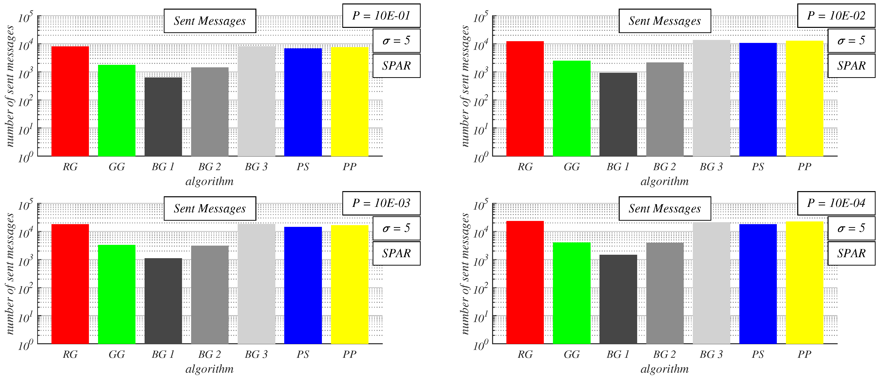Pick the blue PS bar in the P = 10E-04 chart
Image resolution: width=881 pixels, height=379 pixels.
point(758,284)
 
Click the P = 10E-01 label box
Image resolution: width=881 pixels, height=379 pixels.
point(381,16)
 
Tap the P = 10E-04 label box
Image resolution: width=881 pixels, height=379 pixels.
point(836,203)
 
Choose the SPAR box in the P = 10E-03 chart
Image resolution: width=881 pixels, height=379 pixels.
point(396,253)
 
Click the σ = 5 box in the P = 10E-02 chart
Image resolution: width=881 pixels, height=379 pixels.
point(851,41)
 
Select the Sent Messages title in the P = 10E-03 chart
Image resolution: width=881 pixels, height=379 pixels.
point(210,209)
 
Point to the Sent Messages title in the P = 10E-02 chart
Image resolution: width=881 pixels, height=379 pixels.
point(665,21)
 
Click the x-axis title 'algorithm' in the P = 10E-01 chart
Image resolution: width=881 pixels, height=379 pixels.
point(209,181)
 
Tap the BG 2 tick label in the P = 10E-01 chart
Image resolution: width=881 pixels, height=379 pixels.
point(209,167)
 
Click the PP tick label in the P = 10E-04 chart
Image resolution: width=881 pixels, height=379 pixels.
point(804,354)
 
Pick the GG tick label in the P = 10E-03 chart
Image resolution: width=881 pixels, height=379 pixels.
point(117,354)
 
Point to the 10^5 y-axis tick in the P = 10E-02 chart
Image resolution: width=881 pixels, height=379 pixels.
point(481,17)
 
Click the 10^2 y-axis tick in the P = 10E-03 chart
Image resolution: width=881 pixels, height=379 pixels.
point(25,289)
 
